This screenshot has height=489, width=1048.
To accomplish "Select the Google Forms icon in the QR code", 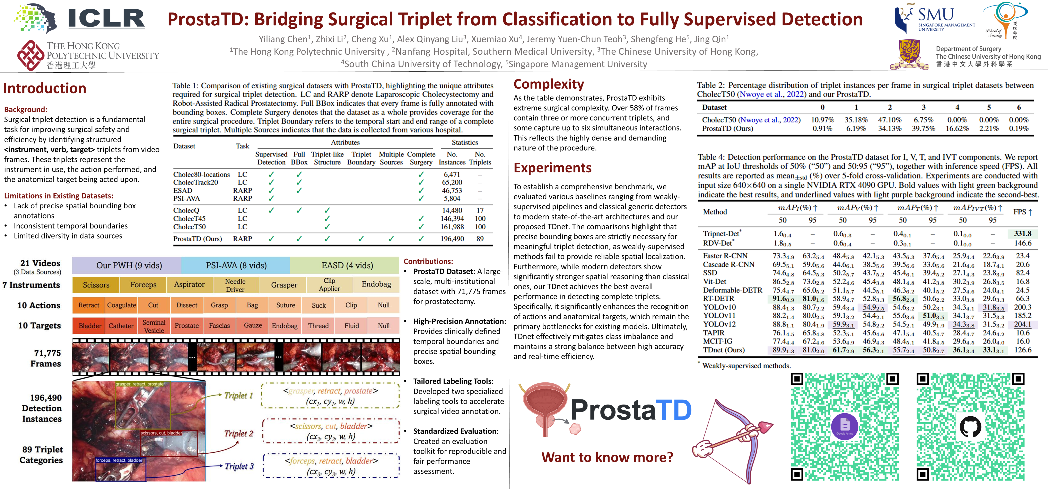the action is point(845,426).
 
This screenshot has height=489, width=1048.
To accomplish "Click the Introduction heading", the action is point(45,88).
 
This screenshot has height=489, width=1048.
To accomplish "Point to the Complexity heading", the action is point(548,84).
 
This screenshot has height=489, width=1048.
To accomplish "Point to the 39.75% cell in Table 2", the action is point(924,128).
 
